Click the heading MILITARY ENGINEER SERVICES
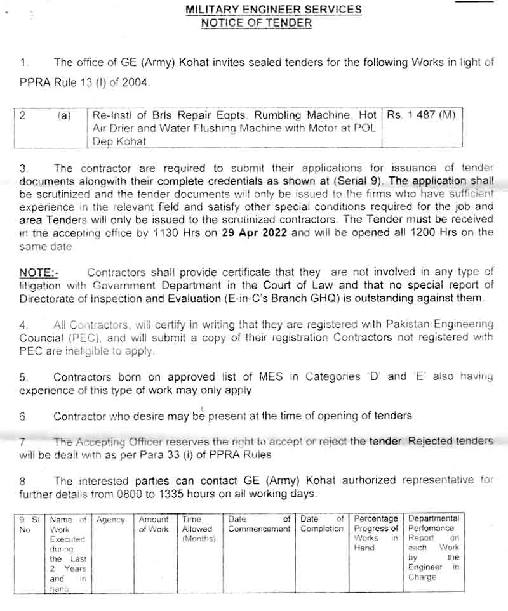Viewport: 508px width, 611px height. point(273,10)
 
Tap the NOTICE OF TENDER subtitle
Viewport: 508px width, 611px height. point(256,23)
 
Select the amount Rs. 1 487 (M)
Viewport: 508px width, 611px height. point(421,115)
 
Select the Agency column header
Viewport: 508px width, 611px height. point(110,520)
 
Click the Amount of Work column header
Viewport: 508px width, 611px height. point(154,524)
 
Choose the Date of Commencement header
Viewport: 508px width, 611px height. point(258,524)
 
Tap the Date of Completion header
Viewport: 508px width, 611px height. point(322,524)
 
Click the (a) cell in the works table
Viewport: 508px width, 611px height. point(64,116)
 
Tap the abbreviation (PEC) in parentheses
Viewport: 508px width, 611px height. point(82,338)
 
